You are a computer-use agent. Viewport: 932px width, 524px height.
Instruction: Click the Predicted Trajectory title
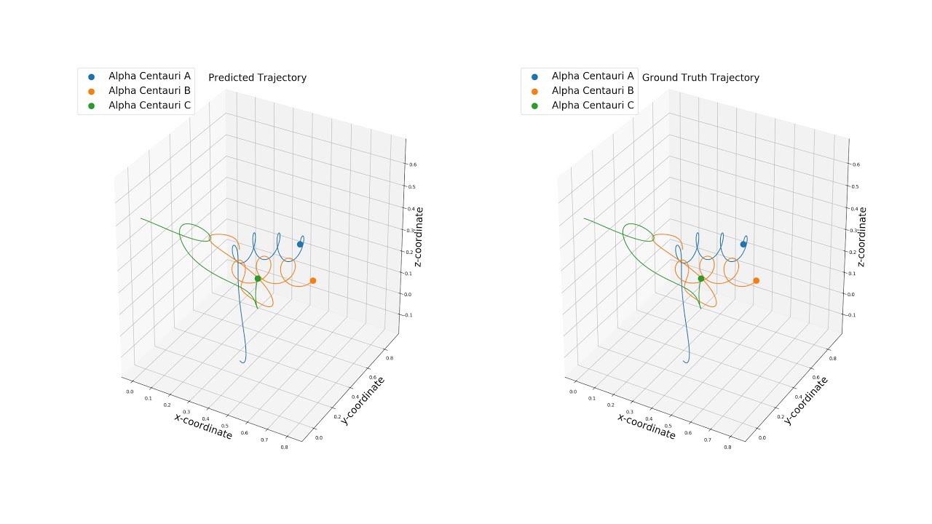[x=257, y=78]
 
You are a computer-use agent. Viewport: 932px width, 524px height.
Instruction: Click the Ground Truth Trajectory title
[x=700, y=78]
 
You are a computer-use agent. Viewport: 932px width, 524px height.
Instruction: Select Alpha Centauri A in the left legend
[x=149, y=76]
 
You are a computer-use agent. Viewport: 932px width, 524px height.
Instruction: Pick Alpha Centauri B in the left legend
[x=149, y=90]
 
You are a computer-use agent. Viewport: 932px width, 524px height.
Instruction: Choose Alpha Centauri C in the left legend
[x=149, y=106]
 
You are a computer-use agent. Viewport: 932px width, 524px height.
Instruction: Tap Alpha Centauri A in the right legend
[x=593, y=76]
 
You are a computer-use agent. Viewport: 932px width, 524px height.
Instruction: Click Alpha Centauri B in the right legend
[x=593, y=90]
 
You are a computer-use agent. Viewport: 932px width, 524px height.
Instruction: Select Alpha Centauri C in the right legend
[x=593, y=106]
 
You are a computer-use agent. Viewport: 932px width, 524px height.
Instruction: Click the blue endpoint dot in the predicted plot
[x=300, y=245]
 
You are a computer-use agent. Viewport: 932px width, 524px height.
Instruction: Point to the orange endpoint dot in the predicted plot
[x=313, y=281]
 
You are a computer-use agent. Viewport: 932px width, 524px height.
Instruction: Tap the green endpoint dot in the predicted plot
[x=258, y=279]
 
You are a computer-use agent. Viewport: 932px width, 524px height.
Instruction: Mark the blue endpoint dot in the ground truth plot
[x=743, y=245]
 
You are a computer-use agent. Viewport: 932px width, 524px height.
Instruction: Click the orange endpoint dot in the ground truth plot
[x=757, y=281]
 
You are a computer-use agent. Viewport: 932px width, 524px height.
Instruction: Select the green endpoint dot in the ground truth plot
[x=701, y=279]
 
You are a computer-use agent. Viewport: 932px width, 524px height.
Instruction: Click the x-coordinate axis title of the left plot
[x=203, y=426]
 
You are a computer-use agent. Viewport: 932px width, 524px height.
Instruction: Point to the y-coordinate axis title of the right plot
[x=806, y=400]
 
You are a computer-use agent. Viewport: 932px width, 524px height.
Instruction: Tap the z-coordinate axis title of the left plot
[x=419, y=237]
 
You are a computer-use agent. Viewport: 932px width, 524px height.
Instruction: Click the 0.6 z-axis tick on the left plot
[x=413, y=165]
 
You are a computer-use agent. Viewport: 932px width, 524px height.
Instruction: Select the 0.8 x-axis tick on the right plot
[x=727, y=448]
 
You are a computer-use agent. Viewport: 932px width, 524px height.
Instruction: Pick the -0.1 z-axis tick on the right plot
[x=856, y=315]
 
